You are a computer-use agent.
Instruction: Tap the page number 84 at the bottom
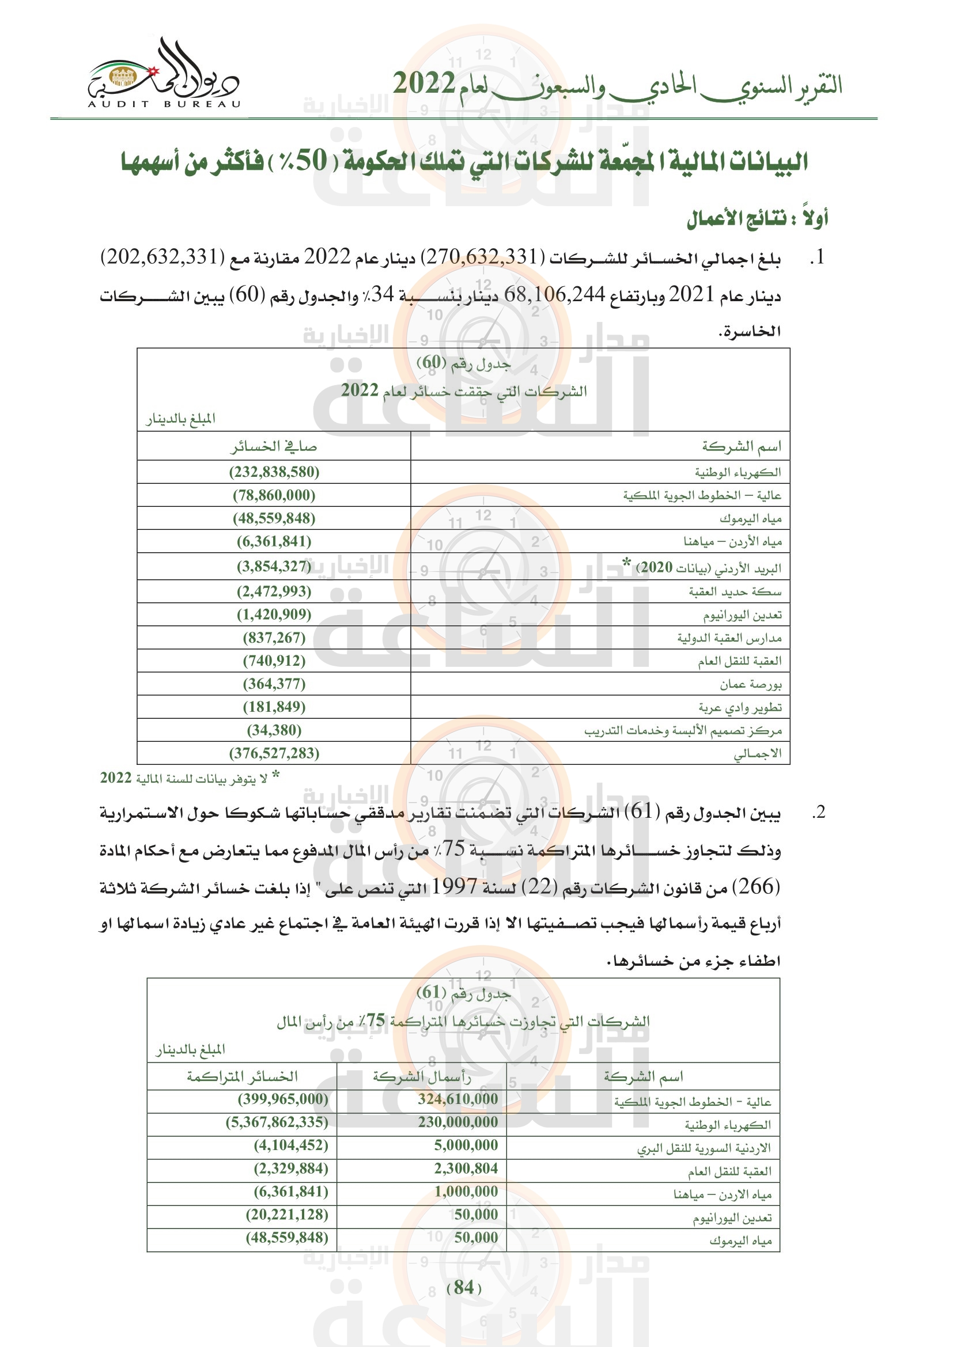(x=464, y=1287)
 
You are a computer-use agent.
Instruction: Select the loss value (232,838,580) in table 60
(x=274, y=472)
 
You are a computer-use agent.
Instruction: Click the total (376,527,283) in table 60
(x=274, y=753)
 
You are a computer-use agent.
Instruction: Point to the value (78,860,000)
(x=274, y=495)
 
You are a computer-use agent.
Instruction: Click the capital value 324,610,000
(x=457, y=1099)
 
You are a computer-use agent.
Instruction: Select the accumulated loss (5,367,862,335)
(x=277, y=1122)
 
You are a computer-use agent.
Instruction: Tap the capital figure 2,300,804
(x=466, y=1168)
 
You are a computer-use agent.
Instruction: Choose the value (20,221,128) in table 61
(x=287, y=1215)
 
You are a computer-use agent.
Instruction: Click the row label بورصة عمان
(x=751, y=684)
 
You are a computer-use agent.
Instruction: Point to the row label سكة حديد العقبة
(x=735, y=591)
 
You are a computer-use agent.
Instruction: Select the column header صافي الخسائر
(x=274, y=447)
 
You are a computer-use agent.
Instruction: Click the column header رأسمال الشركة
(x=421, y=1076)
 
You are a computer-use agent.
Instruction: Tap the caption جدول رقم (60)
(x=464, y=363)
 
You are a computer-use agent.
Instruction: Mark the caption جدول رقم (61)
(x=464, y=992)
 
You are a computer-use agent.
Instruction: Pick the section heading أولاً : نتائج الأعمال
(x=757, y=219)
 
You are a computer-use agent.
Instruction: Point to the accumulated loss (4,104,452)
(x=291, y=1145)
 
